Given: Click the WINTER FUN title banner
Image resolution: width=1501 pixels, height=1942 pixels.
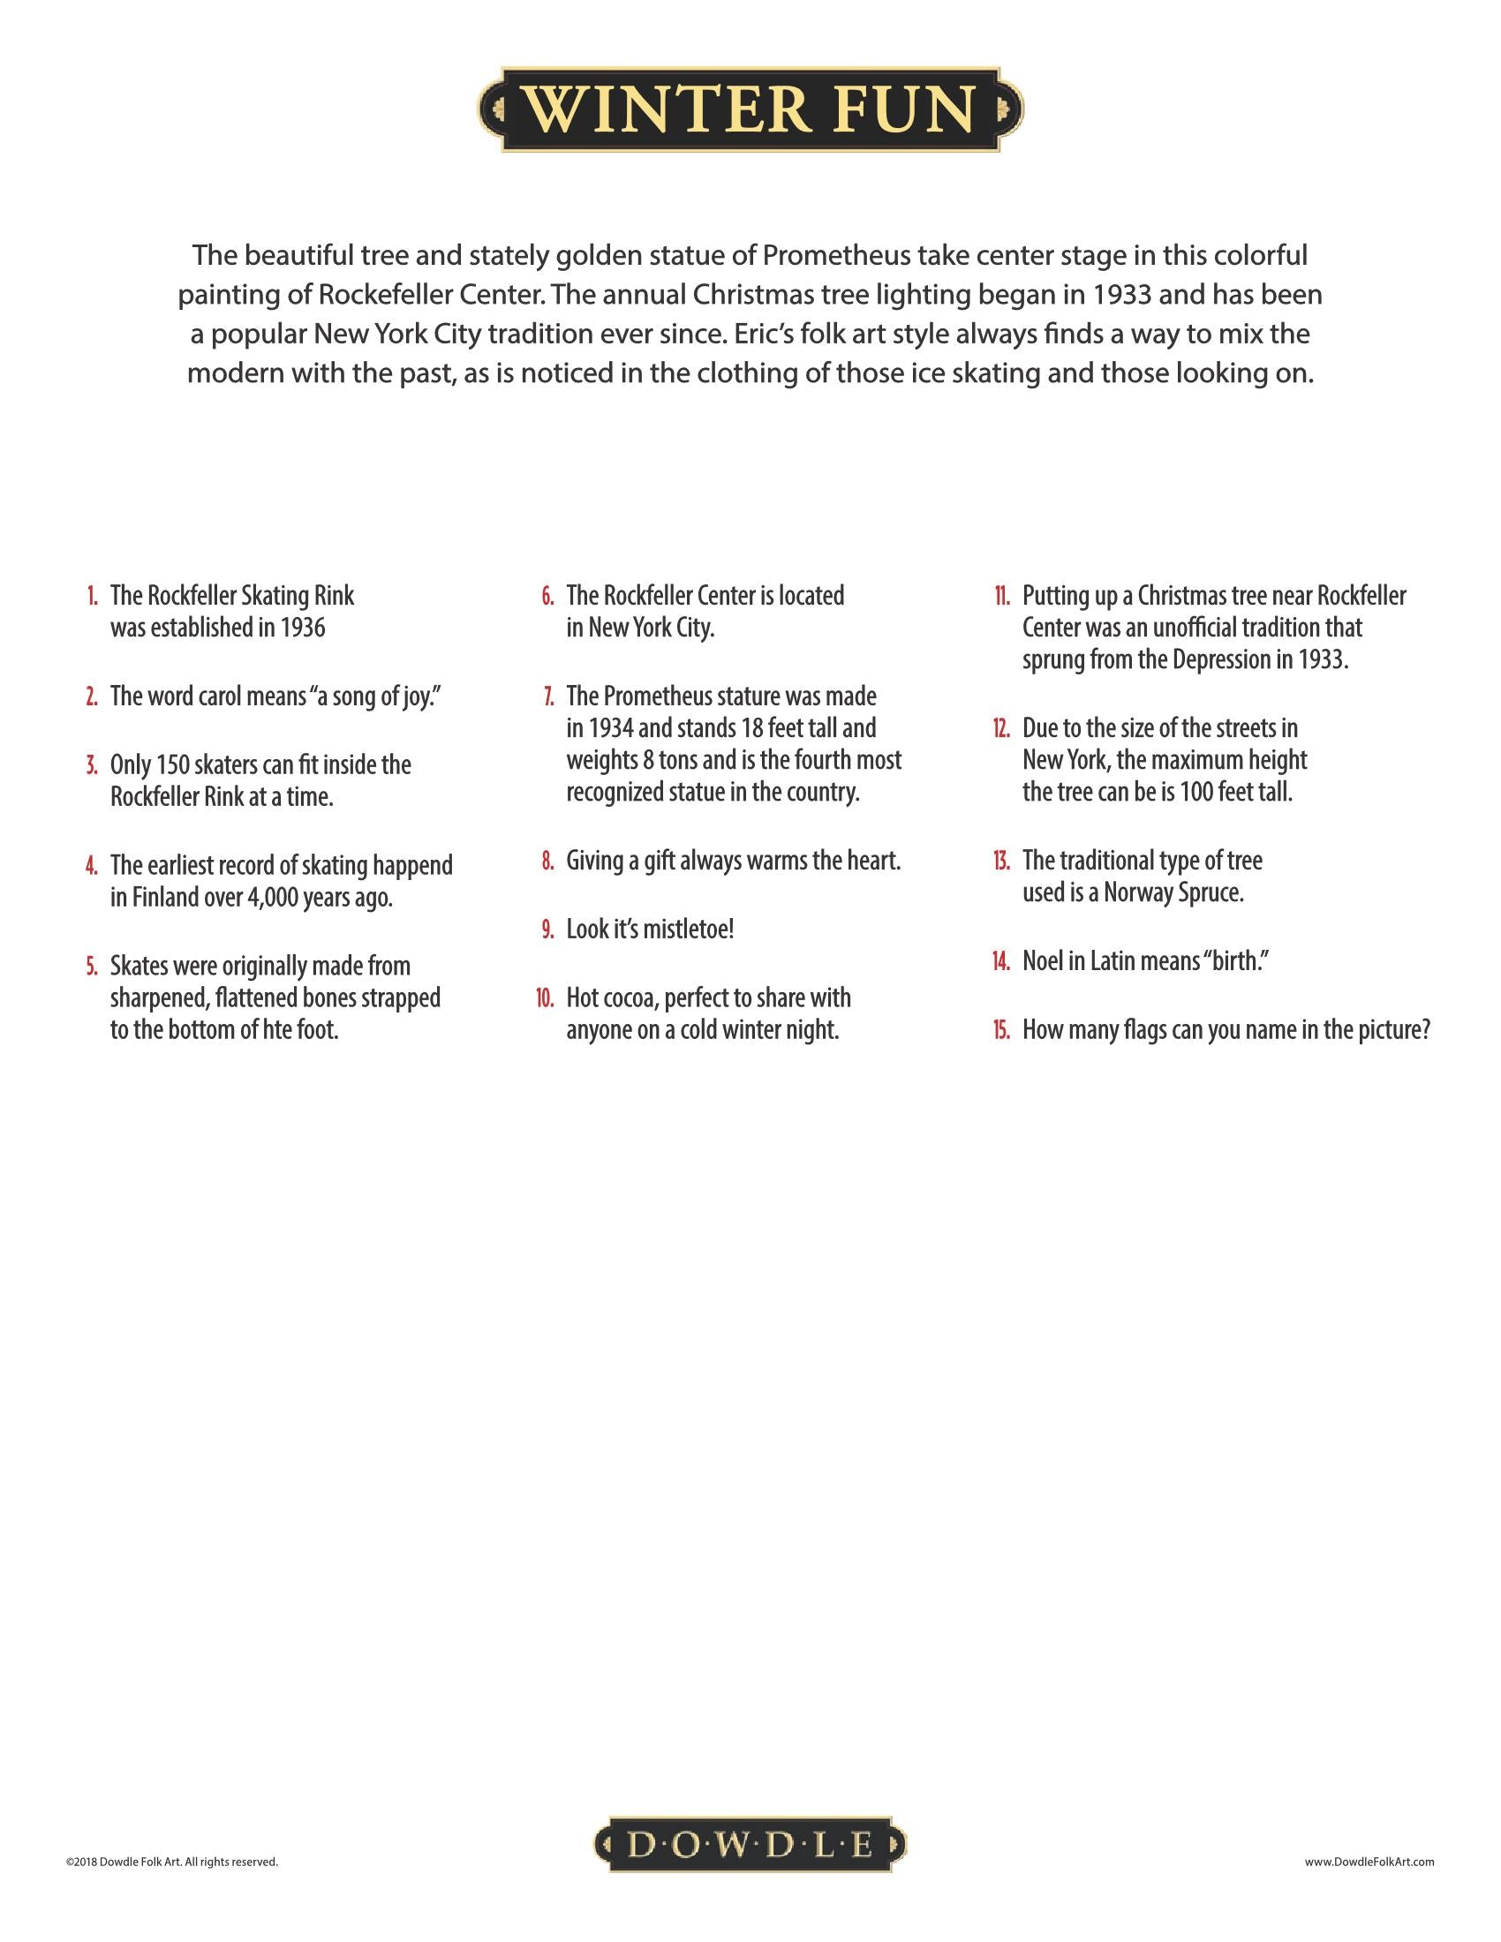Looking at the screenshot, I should [750, 109].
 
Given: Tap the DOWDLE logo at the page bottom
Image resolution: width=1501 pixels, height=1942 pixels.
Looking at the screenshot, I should [750, 1846].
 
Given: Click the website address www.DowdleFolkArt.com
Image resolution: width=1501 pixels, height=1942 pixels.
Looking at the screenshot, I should [1369, 1861].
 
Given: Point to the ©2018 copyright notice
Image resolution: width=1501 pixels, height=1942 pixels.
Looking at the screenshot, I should [171, 1861].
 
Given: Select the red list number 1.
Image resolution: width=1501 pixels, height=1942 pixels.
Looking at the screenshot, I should [93, 597].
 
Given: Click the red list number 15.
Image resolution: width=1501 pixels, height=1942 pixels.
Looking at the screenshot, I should [1002, 1030].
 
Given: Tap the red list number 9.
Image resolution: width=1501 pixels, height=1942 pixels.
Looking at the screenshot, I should [548, 930].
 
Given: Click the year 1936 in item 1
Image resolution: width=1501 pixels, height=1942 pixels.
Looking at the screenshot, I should [302, 628].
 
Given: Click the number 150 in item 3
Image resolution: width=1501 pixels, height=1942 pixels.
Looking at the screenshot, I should [171, 764].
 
